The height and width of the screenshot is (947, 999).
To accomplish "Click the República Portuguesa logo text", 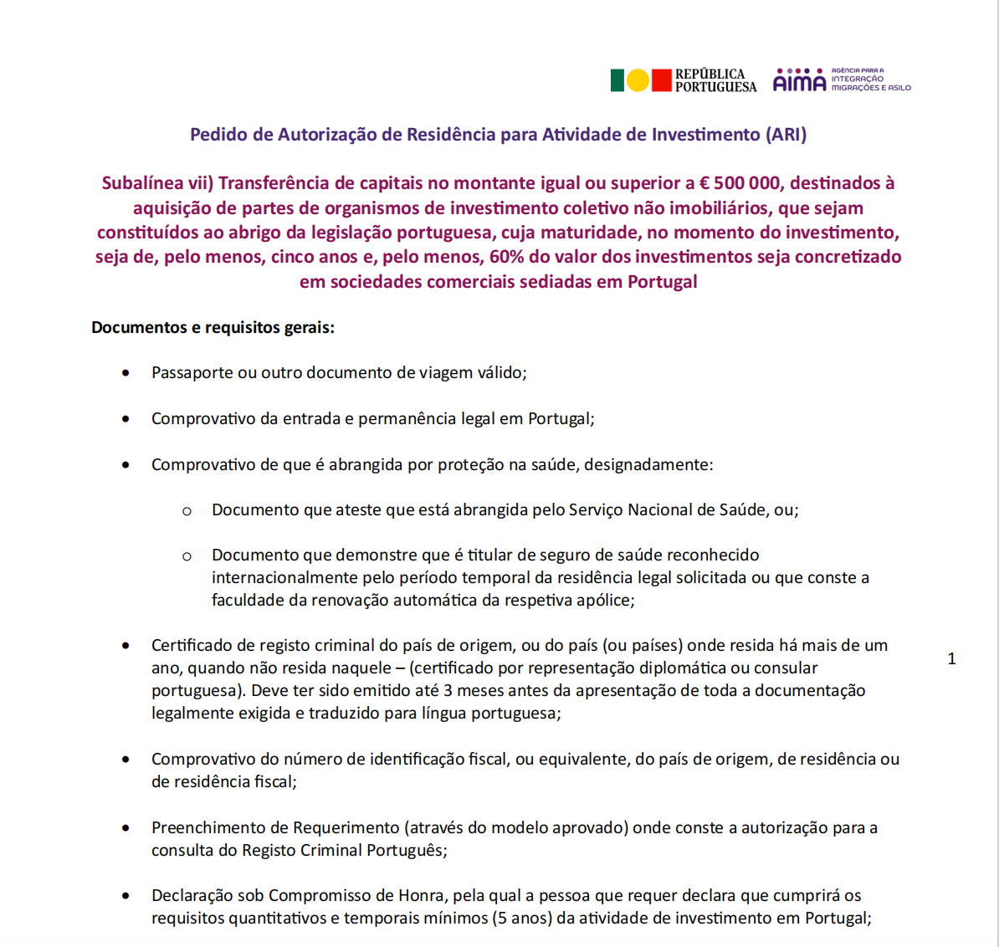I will pos(715,80).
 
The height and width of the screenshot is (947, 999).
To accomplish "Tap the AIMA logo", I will pos(799,81).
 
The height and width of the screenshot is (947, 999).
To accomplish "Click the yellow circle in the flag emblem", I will pos(638,80).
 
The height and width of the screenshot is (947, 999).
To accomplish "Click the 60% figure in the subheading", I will pos(506,257).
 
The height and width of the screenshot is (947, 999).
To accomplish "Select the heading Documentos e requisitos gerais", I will pos(213,327).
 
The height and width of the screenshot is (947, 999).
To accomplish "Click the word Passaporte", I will pos(192,373).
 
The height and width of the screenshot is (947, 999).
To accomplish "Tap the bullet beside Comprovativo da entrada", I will pos(126,418).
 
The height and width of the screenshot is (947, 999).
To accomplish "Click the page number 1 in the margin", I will pos(951,659).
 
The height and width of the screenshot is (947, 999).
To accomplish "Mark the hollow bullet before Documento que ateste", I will pos(187,510).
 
